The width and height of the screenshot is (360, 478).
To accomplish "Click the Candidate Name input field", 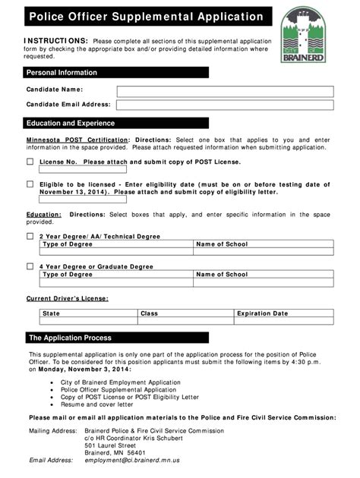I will [224, 91].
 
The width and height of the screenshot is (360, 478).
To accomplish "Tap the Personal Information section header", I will [115, 73].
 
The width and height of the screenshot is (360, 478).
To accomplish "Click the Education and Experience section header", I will [115, 123].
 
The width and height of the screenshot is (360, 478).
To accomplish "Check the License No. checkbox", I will [30, 162].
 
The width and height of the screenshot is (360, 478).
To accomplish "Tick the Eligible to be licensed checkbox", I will [30, 184].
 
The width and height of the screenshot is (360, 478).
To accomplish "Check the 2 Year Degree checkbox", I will [30, 236].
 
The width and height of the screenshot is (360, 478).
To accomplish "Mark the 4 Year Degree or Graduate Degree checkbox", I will [30, 266].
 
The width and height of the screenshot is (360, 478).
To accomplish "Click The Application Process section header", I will [115, 338].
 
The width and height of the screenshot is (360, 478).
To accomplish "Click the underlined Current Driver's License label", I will [67, 298].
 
